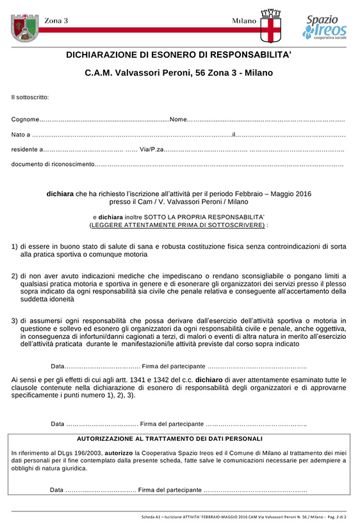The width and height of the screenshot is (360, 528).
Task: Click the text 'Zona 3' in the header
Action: [56, 21]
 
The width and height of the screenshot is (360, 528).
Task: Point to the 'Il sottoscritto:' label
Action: [30, 97]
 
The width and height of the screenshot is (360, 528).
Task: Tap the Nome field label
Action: [178, 120]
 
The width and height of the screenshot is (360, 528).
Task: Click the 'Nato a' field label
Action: [20, 135]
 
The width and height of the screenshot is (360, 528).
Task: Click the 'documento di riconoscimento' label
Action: [53, 165]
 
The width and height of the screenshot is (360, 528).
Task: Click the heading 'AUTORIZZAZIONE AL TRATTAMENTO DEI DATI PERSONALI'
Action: [170, 439]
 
